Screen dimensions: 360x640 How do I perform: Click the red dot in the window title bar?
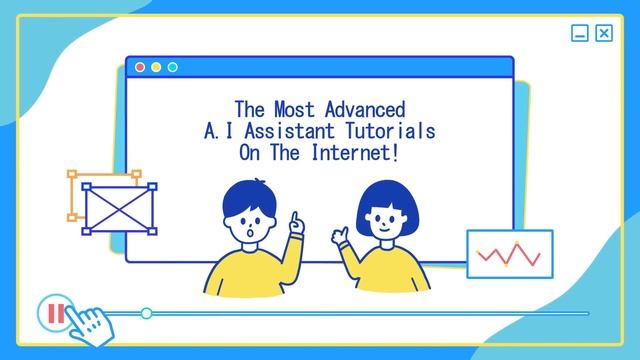click(140, 67)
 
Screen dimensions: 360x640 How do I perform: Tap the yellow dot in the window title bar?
click(156, 67)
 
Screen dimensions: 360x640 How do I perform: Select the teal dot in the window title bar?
click(172, 67)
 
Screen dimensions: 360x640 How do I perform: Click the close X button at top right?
click(604, 34)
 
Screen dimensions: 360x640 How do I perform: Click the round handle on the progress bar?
click(147, 313)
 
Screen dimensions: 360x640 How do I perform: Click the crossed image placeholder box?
click(113, 207)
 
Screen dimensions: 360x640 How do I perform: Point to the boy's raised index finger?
click(294, 218)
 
